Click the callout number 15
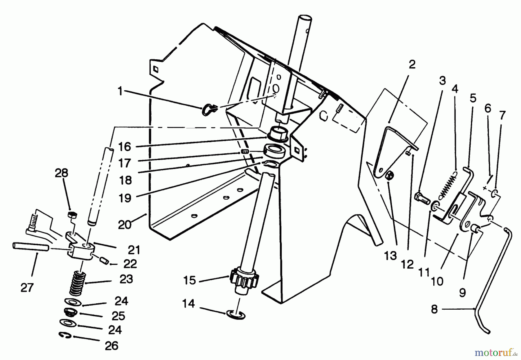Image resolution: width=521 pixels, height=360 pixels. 190,280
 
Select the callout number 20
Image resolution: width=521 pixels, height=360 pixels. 125,225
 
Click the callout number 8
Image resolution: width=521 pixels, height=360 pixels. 434,309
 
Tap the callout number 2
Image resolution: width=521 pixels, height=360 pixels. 412,65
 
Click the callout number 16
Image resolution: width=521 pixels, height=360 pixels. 125,147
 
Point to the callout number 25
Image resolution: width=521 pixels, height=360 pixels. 118,315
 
